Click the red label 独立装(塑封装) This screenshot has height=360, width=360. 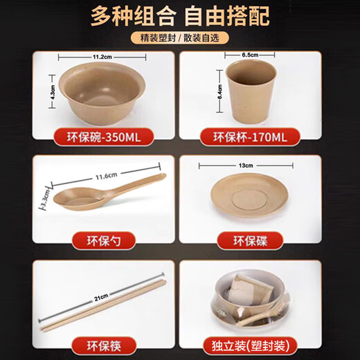pyautogui.click(x=251, y=344)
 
